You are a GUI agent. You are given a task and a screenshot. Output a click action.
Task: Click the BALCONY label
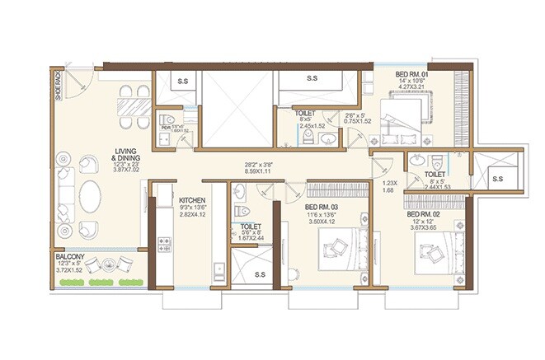63,255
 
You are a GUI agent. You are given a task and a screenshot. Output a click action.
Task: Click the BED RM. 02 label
425,213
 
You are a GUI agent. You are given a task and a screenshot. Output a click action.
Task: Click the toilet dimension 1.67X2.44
251,239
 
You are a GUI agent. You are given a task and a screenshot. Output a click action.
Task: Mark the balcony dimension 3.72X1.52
63,269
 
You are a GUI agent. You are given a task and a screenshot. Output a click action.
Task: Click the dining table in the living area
127,108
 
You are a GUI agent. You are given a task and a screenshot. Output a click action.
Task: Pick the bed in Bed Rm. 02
436,248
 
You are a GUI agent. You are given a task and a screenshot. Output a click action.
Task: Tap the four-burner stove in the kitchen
163,245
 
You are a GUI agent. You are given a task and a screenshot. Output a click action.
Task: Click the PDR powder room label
165,128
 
